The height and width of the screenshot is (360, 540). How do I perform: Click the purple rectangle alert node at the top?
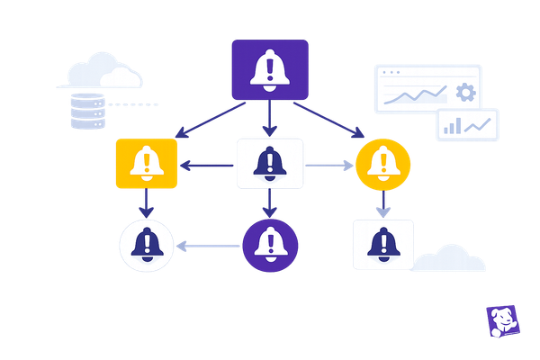(270, 69)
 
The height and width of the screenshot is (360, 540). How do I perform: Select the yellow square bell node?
(146, 164)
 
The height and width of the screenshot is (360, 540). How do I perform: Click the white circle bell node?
(146, 244)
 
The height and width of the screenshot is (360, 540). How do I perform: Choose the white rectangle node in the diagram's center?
(269, 164)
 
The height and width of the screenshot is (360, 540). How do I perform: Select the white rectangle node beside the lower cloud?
(383, 244)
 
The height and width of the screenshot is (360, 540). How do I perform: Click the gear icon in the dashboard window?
(464, 93)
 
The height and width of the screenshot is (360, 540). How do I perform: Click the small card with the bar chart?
(467, 125)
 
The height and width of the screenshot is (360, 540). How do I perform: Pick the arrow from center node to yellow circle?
(330, 165)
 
